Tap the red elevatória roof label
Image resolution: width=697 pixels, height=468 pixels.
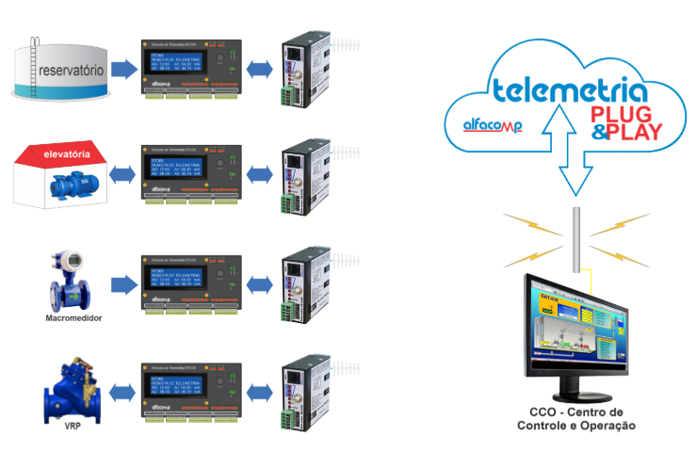coord(67,154)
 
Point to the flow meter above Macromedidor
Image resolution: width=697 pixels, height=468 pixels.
coord(72,279)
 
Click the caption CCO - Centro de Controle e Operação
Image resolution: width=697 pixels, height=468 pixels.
coord(575,419)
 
